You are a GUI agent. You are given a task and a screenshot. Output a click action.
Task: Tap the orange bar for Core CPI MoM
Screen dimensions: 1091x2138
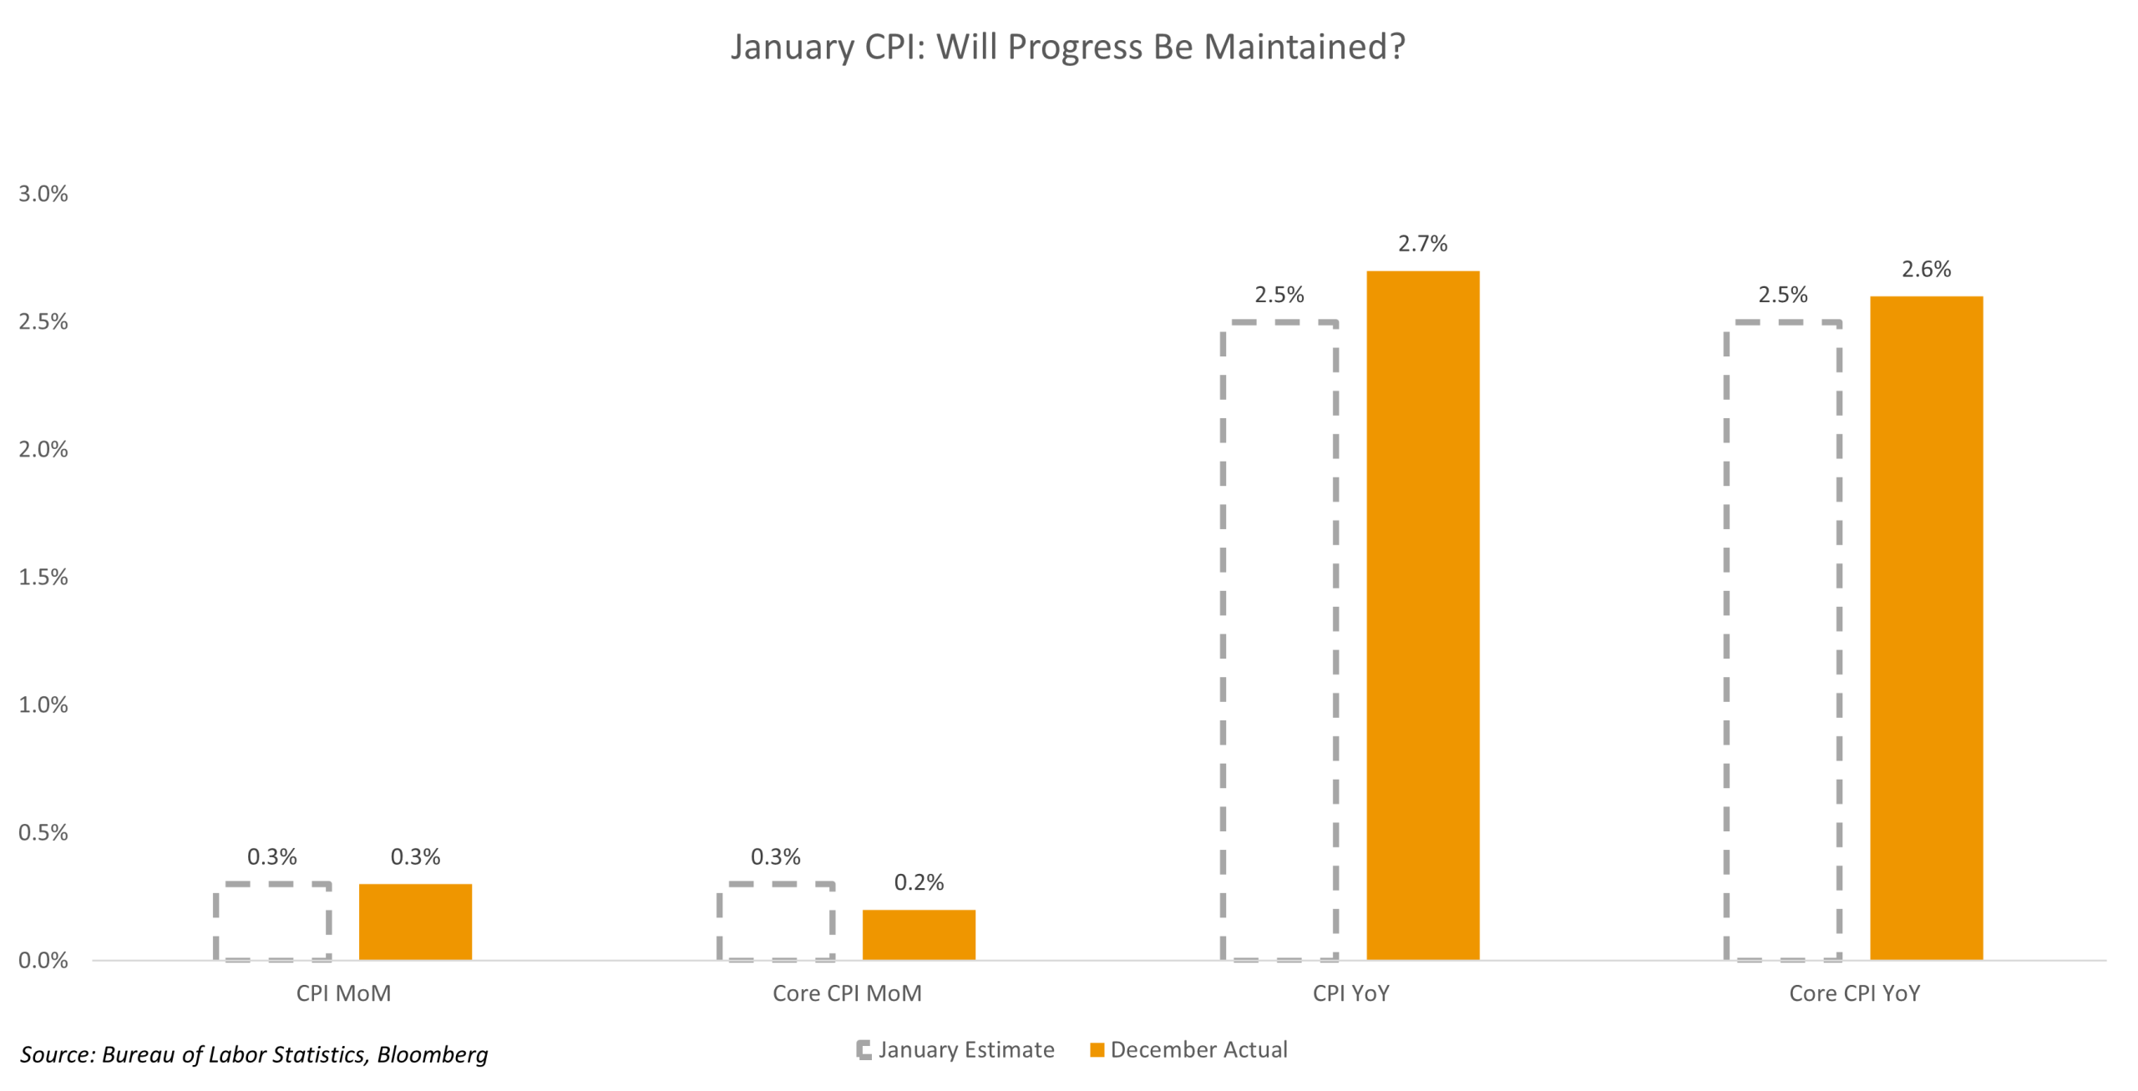(919, 934)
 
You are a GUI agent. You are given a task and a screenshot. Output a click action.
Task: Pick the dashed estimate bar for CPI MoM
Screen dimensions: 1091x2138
(272, 922)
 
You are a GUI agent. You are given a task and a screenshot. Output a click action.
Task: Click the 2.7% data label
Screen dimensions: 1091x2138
(1422, 244)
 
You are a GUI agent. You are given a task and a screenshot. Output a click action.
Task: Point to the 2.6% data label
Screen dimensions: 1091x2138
(1926, 270)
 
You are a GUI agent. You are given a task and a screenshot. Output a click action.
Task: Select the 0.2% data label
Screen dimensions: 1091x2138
(919, 882)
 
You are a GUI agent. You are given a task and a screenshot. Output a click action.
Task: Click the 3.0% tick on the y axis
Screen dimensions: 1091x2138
(43, 194)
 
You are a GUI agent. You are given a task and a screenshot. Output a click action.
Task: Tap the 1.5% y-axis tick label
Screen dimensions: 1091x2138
(43, 577)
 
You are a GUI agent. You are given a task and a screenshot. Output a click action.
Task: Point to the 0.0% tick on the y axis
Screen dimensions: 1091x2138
(43, 960)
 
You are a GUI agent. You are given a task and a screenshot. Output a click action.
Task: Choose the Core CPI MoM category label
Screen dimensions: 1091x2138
(847, 993)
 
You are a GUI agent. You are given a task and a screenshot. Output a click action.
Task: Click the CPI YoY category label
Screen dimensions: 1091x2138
(1350, 993)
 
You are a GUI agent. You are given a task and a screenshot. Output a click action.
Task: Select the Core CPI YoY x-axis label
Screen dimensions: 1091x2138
(1854, 993)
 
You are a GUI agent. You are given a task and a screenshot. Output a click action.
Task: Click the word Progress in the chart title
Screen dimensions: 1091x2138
(1075, 47)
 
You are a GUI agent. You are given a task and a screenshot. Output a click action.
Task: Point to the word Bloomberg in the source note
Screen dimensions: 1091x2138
(432, 1054)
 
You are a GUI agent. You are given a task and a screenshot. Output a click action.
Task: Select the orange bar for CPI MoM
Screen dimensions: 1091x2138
(415, 922)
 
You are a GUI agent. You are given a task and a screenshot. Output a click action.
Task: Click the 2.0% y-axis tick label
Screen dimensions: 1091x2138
(43, 449)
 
